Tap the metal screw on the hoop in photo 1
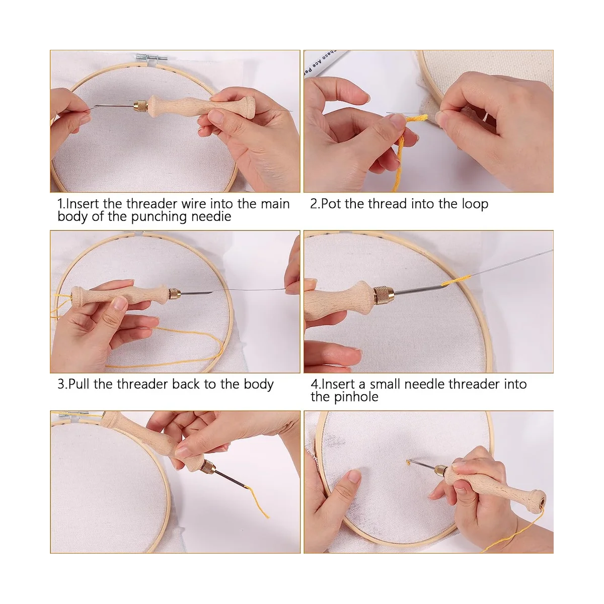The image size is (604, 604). click(x=151, y=57)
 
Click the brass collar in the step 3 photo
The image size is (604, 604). click(x=175, y=293)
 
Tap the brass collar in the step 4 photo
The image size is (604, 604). click(x=384, y=294)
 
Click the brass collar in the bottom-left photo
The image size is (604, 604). click(x=208, y=467)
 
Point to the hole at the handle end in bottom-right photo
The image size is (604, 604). click(x=541, y=502)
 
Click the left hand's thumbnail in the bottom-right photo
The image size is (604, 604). click(x=354, y=476)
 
